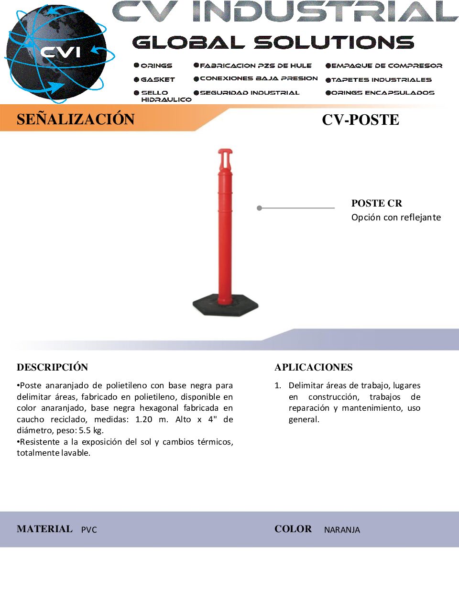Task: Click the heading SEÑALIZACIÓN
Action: [x=76, y=119]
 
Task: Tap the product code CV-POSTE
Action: [x=360, y=120]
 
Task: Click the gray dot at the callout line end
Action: [x=259, y=208]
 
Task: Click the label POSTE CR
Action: [x=376, y=203]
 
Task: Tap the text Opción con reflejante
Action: [x=396, y=218]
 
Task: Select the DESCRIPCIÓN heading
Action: [x=53, y=367]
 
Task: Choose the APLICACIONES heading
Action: [x=313, y=367]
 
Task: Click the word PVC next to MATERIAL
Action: [x=89, y=530]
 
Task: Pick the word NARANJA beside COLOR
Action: [x=342, y=530]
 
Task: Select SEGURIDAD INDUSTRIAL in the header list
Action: [x=249, y=93]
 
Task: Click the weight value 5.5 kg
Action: [x=91, y=430]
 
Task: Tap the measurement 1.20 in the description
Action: [x=144, y=419]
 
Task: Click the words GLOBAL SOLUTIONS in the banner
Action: [x=273, y=43]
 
